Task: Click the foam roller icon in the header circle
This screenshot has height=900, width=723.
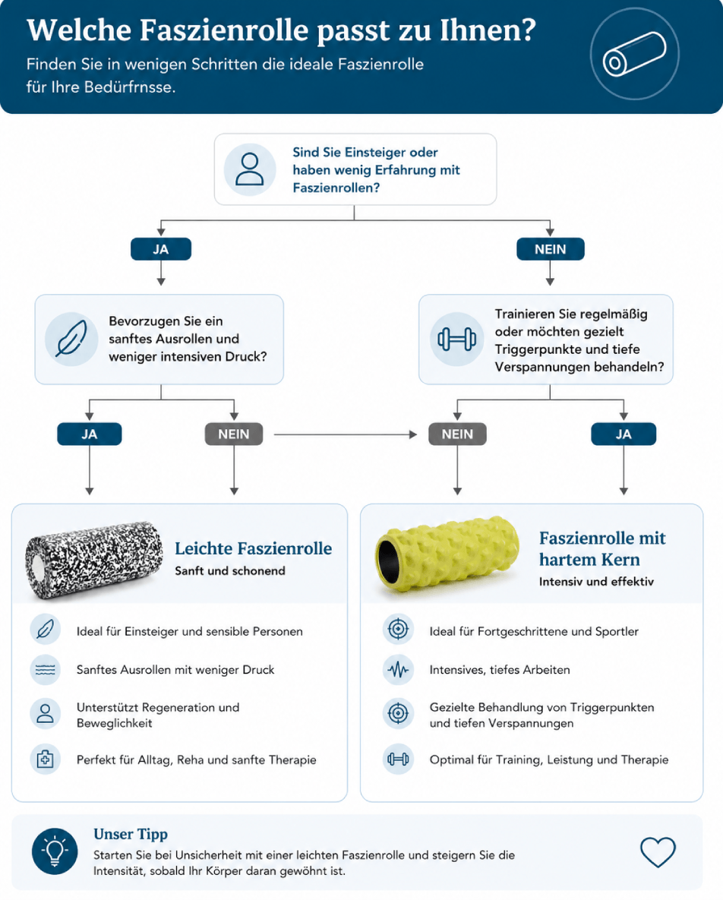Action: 634,54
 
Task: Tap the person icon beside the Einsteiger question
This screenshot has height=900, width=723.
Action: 250,169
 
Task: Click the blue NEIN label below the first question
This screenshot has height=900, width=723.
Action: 551,249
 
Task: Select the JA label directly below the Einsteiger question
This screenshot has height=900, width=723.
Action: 161,249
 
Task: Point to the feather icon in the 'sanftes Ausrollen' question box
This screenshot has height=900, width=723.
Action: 71,339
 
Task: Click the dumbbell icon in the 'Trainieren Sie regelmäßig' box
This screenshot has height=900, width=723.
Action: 456,339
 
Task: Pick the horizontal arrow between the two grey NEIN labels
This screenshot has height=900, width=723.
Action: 346,434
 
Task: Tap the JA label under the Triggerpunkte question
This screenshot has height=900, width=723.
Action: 624,434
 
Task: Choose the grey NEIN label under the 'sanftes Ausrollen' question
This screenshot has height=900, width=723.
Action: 234,434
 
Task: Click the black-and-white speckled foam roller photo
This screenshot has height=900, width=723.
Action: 95,560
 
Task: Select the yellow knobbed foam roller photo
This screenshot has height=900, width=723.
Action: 447,554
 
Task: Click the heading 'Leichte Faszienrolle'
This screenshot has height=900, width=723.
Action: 253,548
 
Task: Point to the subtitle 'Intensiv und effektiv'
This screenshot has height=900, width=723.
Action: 596,582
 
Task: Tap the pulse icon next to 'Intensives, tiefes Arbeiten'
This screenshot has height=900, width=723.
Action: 398,669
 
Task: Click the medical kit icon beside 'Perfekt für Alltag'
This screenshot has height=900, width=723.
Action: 46,759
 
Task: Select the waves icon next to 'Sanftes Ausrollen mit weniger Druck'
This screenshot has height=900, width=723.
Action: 46,669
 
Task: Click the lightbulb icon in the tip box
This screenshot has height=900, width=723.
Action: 55,851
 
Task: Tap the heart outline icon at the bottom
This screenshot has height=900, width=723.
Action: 658,852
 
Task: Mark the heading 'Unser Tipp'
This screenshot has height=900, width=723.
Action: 131,834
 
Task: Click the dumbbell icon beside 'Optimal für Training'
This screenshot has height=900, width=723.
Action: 398,759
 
